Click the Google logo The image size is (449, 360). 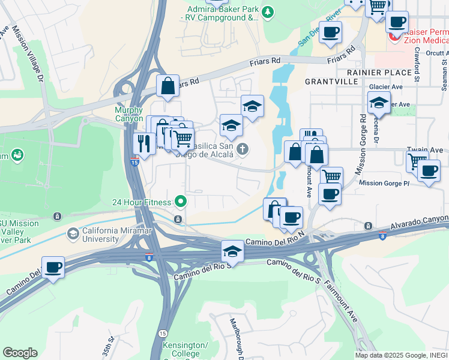(x=20, y=352)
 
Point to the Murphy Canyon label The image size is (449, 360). (x=129, y=115)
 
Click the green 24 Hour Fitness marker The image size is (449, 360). (x=179, y=201)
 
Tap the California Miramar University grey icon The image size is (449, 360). (x=73, y=233)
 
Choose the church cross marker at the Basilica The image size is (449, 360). (x=243, y=149)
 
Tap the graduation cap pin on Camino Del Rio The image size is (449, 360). (x=232, y=250)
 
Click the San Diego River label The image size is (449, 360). (x=319, y=28)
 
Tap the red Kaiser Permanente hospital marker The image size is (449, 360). (x=395, y=37)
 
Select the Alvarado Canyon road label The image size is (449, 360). (x=420, y=223)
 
